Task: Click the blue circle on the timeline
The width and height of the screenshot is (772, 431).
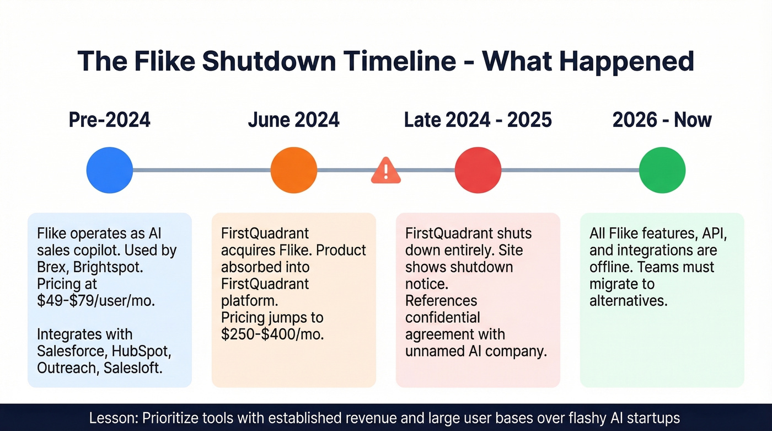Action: coord(110,170)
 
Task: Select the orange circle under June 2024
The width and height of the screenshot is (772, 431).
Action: coord(294,170)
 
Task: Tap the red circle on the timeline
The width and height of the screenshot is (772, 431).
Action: coord(478,170)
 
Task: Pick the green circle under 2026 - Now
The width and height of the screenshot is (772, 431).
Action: coord(662,170)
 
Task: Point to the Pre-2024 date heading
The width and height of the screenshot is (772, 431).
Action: coord(110,120)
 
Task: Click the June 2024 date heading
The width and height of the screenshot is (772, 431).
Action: coord(294,120)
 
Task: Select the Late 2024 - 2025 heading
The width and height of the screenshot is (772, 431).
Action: coord(478,120)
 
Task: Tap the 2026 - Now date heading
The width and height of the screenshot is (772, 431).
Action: coord(662,120)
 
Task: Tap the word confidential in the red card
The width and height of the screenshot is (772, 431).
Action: coord(443,317)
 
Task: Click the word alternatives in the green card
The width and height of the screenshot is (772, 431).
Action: coord(628,301)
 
